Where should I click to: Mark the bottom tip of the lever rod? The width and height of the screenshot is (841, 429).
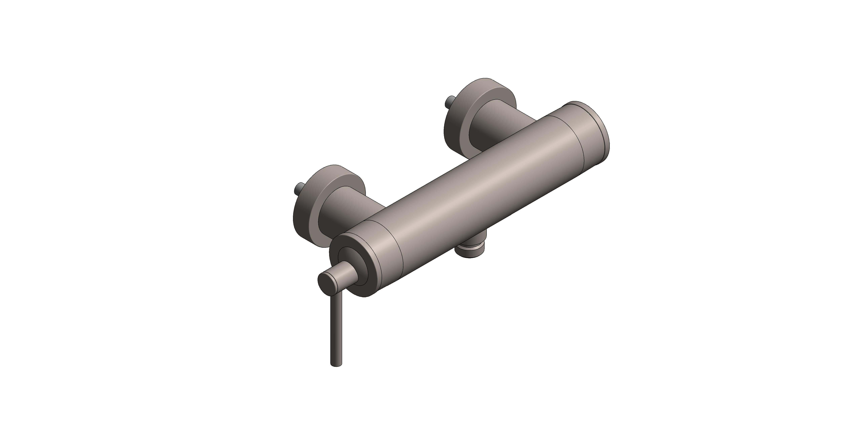pos(337,365)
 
